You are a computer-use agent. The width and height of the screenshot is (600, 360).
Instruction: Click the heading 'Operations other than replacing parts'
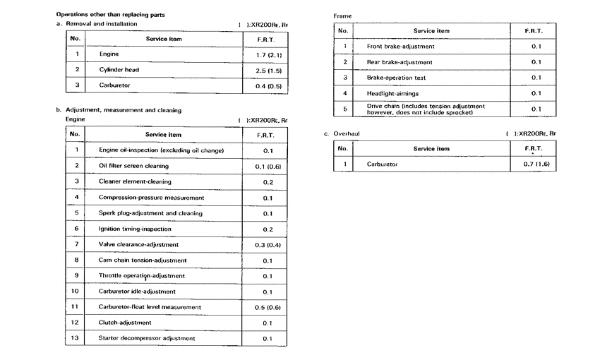tap(106, 15)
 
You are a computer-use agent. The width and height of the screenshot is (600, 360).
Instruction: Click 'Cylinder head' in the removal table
tap(122, 70)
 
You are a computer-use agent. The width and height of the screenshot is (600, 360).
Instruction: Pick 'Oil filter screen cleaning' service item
tap(133, 166)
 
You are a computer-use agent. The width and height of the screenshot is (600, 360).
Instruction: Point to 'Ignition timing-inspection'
tap(135, 229)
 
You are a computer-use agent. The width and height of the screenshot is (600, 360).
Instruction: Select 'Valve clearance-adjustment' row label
tap(138, 244)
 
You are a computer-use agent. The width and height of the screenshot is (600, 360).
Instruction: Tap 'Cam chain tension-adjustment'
tap(142, 260)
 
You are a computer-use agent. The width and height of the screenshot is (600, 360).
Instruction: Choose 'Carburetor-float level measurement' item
tap(150, 307)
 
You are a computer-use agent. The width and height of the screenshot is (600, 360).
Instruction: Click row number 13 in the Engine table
tap(76, 338)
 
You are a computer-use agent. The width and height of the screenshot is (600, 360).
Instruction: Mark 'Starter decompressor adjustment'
tap(147, 338)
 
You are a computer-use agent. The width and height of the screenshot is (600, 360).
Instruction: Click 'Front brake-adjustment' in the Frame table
tap(400, 47)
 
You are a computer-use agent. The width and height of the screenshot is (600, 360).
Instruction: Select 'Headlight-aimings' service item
tap(393, 93)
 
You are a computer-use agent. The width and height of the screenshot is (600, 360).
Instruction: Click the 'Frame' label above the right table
tap(342, 15)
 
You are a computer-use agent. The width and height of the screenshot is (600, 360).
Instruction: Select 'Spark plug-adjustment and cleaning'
tap(150, 213)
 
